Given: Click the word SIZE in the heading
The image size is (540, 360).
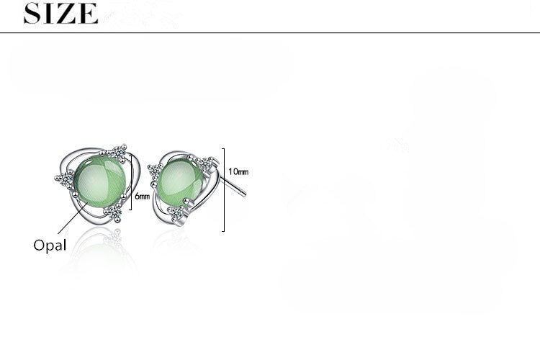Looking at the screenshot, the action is [x=60, y=14].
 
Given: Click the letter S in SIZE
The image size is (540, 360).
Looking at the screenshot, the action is [x=31, y=14].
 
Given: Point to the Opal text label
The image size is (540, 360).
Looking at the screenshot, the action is [x=50, y=246].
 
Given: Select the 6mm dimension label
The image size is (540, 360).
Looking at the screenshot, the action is [x=143, y=197].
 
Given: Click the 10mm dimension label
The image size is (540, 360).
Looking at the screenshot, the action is [x=238, y=171].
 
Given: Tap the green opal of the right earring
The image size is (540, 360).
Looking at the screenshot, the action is [x=180, y=181].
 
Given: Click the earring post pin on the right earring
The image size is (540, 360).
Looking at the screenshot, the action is [x=233, y=186].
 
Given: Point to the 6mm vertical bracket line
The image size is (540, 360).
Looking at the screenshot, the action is [x=131, y=182].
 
